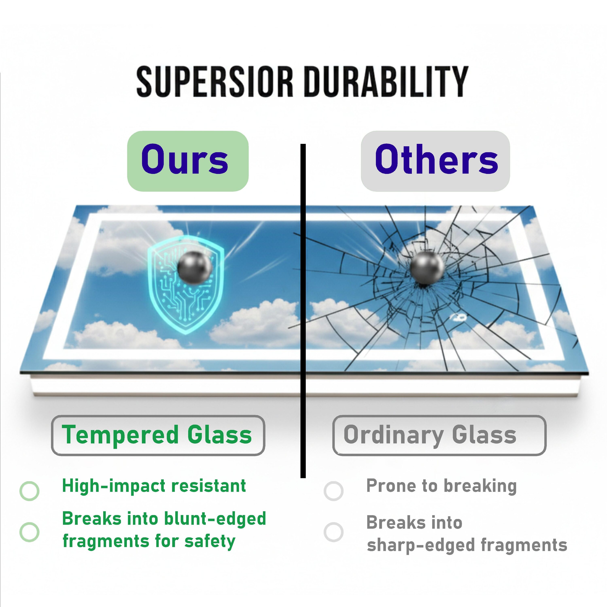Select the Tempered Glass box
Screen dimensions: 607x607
158,435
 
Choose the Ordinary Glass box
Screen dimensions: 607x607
439,435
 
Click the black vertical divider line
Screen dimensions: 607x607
303,311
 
